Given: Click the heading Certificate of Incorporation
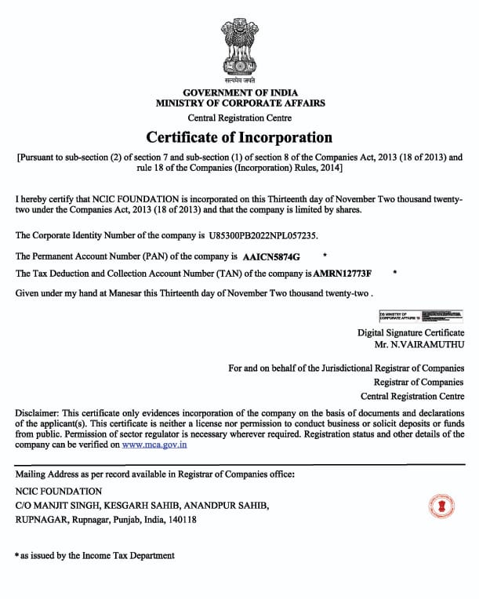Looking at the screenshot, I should (x=239, y=137).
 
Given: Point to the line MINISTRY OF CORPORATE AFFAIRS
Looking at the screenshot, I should (x=240, y=103).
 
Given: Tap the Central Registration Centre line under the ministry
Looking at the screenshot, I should (x=240, y=118).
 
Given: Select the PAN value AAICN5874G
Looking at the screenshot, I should (x=271, y=256).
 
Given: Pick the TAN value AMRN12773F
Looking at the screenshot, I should (x=343, y=273).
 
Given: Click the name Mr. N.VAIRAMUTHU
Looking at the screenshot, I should (x=419, y=344).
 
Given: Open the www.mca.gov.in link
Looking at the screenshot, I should (x=154, y=445).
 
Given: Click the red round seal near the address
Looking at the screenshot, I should (x=441, y=505).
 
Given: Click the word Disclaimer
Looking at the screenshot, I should (x=36, y=413).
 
